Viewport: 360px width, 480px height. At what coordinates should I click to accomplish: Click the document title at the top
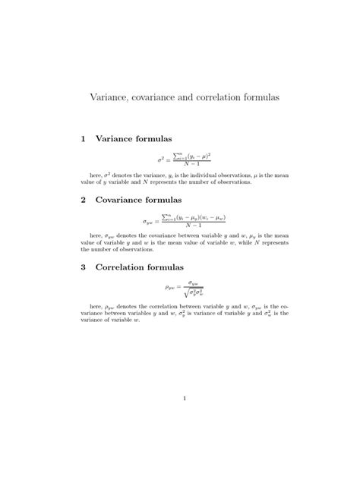[x=180, y=98]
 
